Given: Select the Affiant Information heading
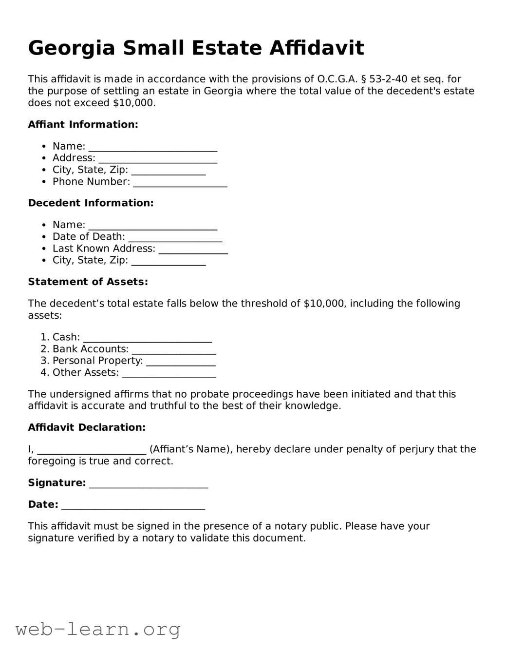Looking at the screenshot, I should [83, 124].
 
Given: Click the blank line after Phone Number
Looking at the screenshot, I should [180, 183].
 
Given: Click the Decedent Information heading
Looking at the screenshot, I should [91, 203].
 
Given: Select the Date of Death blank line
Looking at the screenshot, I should [175, 238].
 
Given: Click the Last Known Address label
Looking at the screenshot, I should [104, 249].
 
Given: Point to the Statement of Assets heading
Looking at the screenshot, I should [88, 282].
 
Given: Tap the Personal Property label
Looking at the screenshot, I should [97, 361].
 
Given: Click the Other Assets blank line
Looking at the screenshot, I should [168, 374].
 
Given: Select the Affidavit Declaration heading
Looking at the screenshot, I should [87, 427].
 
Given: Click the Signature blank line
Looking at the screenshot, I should [149, 484].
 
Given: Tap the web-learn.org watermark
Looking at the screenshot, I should [98, 629].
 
